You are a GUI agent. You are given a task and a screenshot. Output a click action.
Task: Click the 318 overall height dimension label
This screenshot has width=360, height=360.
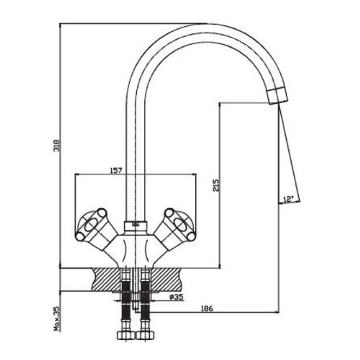pos(57,145)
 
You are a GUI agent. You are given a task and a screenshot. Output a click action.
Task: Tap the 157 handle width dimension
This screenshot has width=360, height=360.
pos(117,171)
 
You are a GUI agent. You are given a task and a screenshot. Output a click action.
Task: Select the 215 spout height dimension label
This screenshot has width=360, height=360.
pos(216,185)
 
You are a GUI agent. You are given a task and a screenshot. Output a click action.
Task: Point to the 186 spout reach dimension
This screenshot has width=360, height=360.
pos(207,308)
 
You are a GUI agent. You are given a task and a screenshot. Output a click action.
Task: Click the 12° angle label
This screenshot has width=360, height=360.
pos(288,199)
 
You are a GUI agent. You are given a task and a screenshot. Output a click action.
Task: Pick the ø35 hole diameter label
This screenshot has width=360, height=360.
pos(176,297)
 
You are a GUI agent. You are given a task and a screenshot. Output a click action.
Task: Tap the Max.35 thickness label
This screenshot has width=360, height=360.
pos(57,319)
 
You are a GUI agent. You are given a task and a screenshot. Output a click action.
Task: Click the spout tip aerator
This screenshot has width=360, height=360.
pos(278,96)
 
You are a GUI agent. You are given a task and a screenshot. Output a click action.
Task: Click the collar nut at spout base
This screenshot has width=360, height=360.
pos(136,226)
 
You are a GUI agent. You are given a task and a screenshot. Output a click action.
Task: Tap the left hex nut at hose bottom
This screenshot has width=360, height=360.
pos(126,335)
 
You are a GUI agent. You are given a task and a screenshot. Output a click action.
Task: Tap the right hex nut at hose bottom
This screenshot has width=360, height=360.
pos(145,335)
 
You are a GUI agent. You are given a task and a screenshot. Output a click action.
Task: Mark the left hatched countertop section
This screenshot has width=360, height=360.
pos(106,279)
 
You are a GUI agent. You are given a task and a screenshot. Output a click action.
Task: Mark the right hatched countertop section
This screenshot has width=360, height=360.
pos(166,279)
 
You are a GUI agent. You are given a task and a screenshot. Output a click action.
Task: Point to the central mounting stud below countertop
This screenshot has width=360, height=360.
pos(136,301)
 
